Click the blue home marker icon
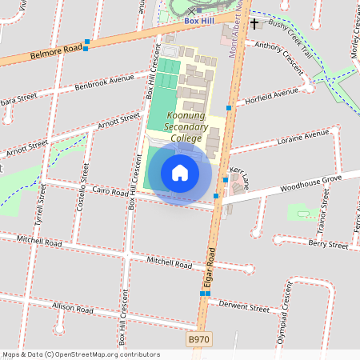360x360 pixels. (180, 173)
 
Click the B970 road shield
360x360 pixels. (200, 340)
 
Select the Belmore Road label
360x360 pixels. (56, 52)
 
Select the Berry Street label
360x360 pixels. (328, 245)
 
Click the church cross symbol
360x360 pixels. (254, 24)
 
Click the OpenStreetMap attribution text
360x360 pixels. (81, 354)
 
